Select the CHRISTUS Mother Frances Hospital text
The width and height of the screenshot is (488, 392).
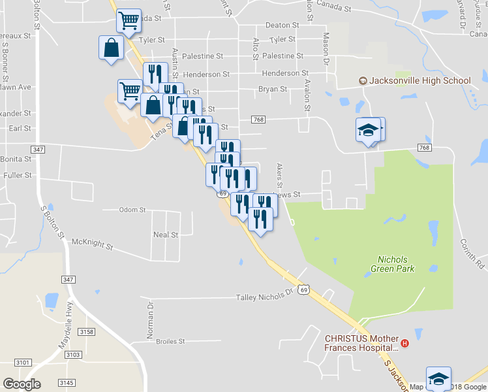361,343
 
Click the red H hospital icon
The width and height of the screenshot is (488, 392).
404,343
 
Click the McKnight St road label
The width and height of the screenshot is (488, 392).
91,244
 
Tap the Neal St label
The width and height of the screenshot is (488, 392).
165,235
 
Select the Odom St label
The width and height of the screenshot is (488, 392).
132,210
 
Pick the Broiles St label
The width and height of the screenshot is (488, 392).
170,341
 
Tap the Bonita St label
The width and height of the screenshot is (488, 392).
17,159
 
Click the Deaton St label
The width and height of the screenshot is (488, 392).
282,25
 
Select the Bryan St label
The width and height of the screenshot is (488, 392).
273,89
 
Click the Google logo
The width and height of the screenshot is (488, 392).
22,384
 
